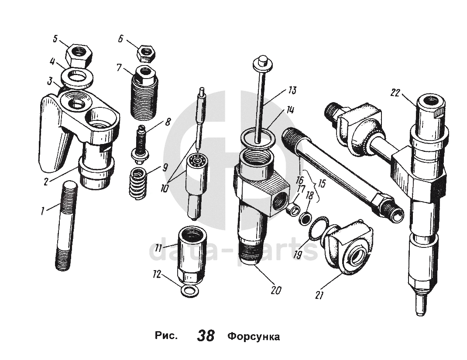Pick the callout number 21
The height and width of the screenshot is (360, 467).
click(x=319, y=295)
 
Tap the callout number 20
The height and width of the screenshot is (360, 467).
click(x=276, y=290)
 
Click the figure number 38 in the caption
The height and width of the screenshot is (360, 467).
click(x=206, y=336)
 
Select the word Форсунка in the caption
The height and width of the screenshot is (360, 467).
click(x=253, y=337)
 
